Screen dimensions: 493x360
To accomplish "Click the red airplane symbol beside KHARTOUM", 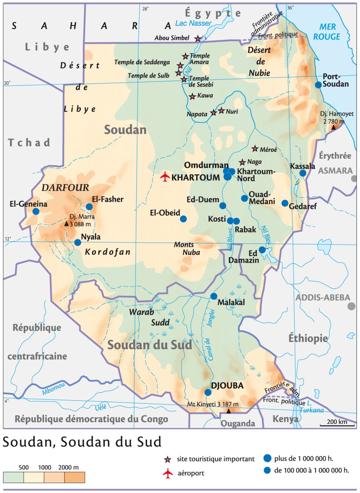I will (x=165, y=177).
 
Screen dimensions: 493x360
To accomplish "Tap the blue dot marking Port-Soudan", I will (x=318, y=85).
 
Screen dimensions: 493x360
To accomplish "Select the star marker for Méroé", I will (x=255, y=149).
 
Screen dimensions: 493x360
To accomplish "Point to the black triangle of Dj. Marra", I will (x=66, y=224).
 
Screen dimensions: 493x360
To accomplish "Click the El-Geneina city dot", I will (x=36, y=211).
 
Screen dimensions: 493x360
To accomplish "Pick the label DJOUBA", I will (x=227, y=385).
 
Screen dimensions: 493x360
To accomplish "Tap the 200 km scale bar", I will (x=337, y=425).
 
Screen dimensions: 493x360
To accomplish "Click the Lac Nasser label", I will (x=193, y=23).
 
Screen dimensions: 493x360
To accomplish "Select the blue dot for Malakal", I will (x=214, y=296).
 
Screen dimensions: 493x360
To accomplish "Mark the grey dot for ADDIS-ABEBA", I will (x=352, y=306).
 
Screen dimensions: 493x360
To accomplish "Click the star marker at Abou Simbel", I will (x=198, y=39).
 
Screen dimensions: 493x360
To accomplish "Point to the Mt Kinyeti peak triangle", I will (x=228, y=411).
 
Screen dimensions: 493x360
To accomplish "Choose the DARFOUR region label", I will (x=65, y=188).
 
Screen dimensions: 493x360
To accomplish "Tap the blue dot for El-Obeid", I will (x=183, y=219).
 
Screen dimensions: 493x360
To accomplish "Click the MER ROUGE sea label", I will (x=327, y=32).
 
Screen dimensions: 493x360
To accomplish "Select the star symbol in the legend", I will (x=167, y=459).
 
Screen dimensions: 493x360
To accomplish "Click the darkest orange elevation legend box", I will (x=74, y=477).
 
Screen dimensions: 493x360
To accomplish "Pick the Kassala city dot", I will (x=303, y=173).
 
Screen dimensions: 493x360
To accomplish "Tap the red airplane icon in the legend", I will (x=167, y=473).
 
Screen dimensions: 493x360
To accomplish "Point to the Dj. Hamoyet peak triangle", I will (x=334, y=127).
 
